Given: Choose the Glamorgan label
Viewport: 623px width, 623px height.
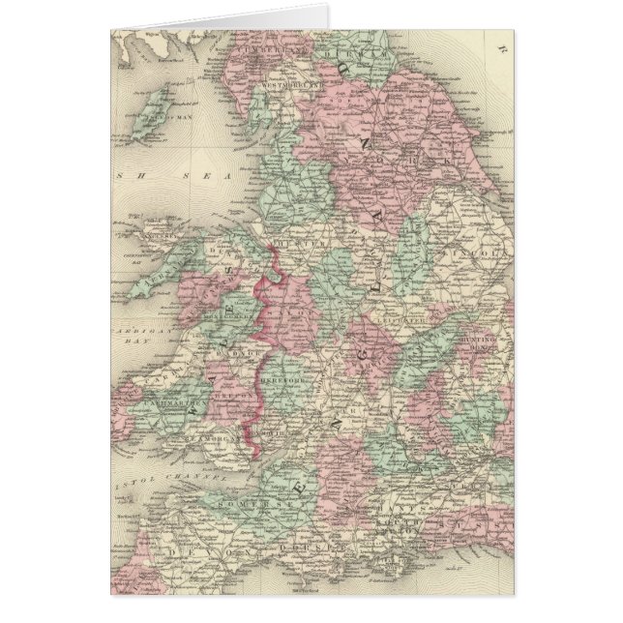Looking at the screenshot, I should (x=204, y=441).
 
